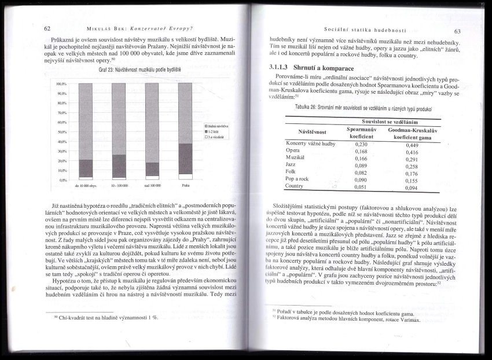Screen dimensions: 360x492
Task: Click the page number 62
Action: (47, 28)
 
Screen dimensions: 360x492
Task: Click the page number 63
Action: (457, 31)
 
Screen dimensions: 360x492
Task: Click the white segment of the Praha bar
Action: (185, 176)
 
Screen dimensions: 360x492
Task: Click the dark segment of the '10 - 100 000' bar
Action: (119, 166)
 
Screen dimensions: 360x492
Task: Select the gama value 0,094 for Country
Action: (412, 188)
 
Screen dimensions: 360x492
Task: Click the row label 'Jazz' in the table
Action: (291, 164)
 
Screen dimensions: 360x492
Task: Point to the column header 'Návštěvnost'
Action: (312, 132)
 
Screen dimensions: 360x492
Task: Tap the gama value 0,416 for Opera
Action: (412, 152)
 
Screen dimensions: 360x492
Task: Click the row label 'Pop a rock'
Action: (297, 178)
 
